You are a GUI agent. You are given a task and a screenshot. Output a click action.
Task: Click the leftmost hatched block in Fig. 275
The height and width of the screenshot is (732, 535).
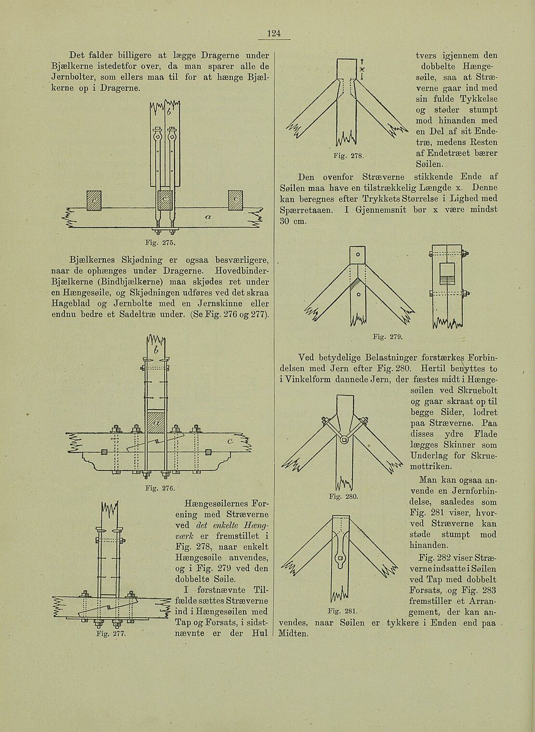tap(94, 200)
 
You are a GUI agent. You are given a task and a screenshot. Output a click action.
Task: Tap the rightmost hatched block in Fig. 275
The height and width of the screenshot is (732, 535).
tap(236, 200)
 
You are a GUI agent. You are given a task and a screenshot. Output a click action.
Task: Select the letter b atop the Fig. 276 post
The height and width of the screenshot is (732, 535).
tap(155, 351)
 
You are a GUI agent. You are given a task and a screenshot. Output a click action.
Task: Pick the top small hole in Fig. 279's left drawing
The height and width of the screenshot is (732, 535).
tap(358, 254)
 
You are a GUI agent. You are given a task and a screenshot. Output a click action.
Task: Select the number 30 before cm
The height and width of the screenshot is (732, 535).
tap(286, 221)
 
